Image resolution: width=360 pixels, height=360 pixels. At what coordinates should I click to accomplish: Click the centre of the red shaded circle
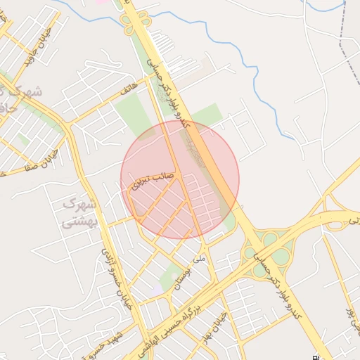(x=180, y=179)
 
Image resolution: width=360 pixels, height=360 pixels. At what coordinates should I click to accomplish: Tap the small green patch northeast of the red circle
(x=208, y=115)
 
